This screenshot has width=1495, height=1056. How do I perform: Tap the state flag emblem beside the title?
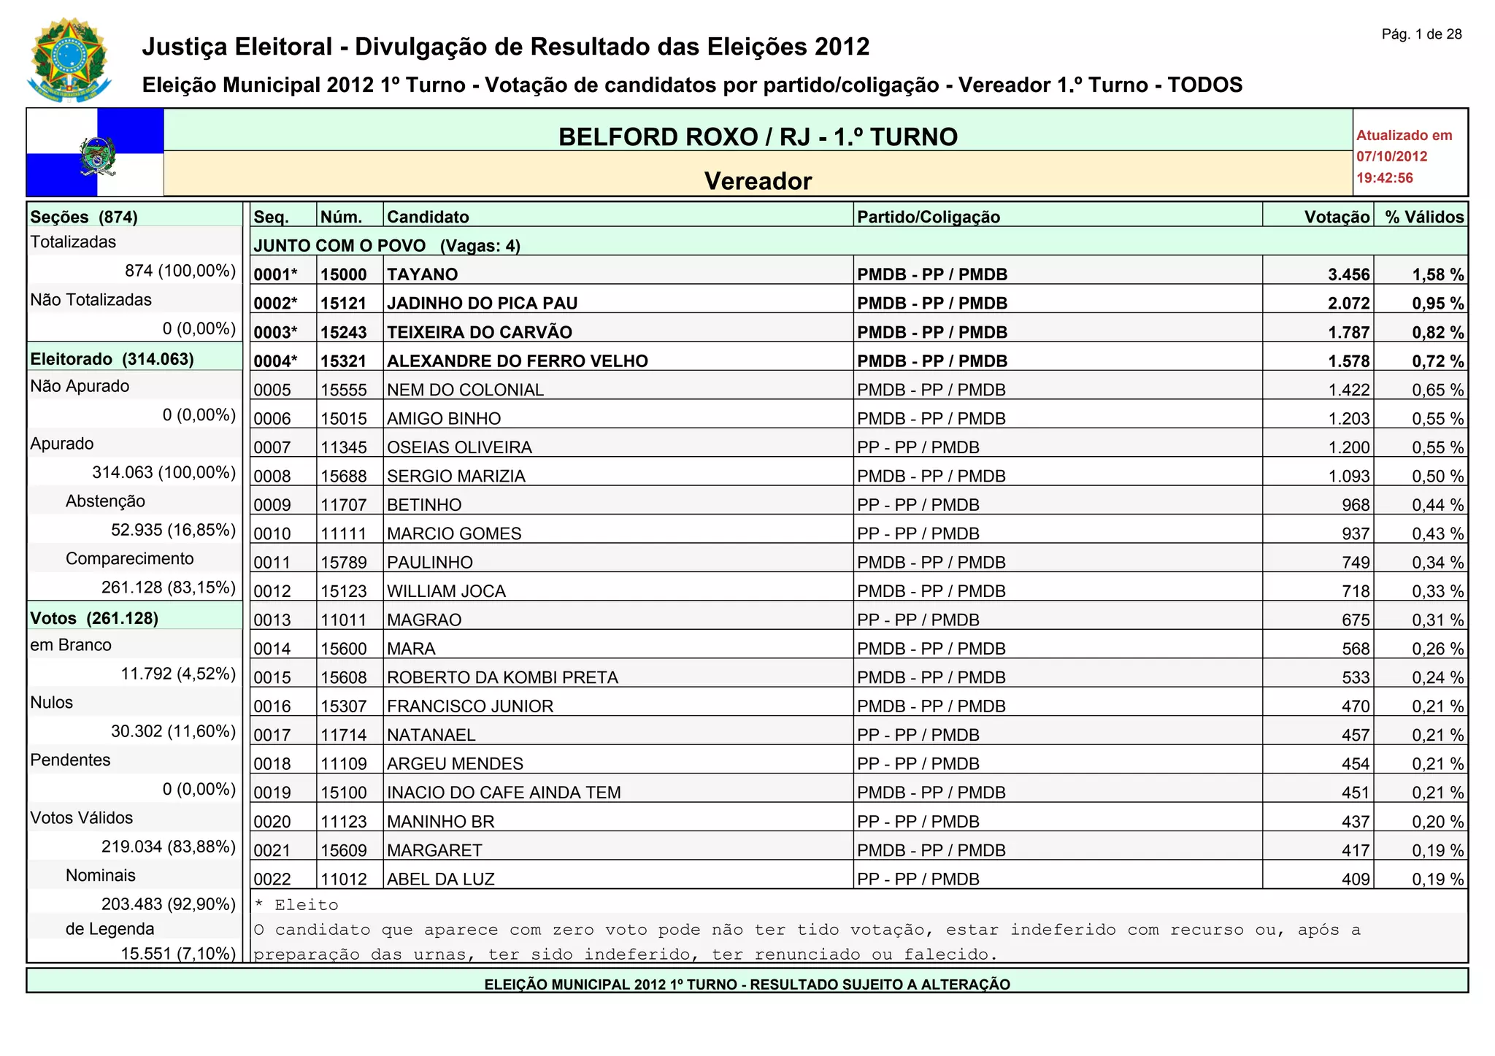[95, 153]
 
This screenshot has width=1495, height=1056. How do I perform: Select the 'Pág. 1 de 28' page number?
[1421, 34]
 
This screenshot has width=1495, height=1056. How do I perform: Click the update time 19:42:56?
[1384, 178]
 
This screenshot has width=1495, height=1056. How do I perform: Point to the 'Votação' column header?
[1337, 217]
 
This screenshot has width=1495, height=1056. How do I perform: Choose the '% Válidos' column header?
[1424, 217]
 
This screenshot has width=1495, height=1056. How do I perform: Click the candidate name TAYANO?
[423, 274]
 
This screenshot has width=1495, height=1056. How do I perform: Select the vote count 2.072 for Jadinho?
[1348, 303]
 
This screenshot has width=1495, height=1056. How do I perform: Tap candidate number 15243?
[344, 332]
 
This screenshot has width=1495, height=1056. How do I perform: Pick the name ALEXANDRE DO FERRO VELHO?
[517, 361]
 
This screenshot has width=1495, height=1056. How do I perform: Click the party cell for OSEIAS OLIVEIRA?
[918, 447]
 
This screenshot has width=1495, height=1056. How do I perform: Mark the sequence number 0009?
[272, 505]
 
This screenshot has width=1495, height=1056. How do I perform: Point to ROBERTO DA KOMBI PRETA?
[502, 677]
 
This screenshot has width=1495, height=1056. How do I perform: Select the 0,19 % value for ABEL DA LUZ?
[1437, 879]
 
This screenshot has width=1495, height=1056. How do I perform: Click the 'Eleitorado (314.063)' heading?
[112, 359]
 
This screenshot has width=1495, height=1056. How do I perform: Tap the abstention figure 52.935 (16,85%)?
[173, 530]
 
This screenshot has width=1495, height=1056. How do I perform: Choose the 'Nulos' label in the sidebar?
[52, 703]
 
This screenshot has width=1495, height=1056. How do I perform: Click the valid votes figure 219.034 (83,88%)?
[168, 847]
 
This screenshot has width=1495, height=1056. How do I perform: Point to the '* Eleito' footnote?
[296, 905]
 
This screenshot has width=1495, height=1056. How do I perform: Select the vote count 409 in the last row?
[1355, 879]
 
